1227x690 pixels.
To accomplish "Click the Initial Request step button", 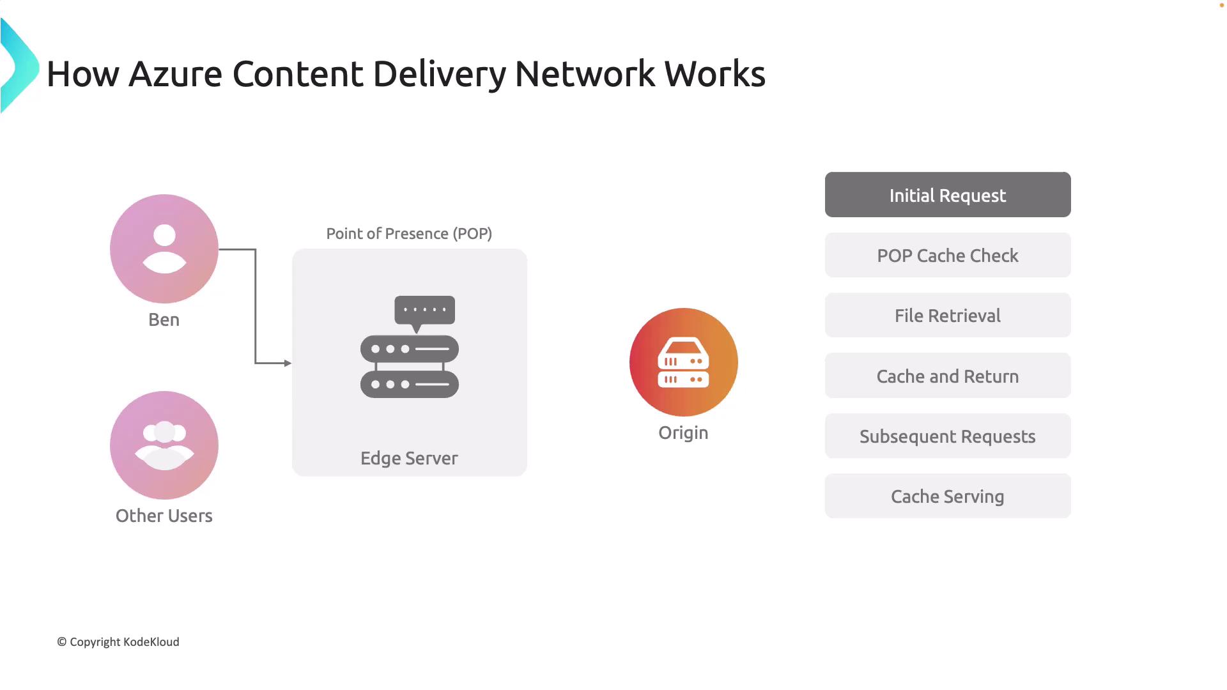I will pos(948,195).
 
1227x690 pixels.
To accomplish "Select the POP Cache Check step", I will pos(948,255).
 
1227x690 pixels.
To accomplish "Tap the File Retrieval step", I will pos(948,315).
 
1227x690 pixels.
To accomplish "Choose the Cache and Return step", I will pos(948,376).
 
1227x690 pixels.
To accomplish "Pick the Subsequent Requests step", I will pos(948,436).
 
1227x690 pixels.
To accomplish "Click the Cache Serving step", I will pos(948,496).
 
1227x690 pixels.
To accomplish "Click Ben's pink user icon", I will pos(164,249).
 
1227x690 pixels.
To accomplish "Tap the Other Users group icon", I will pos(164,445).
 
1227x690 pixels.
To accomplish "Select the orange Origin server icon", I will pos(684,362).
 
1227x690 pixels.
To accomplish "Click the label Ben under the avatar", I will pos(164,319).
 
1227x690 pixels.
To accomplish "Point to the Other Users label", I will pos(164,516).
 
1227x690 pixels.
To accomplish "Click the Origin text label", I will pos(683,433).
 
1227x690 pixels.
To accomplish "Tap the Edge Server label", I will pos(409,458).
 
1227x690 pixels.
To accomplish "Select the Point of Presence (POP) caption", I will pos(409,234).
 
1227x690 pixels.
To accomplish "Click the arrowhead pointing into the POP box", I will pos(288,363).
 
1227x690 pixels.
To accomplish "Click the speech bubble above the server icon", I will pos(425,310).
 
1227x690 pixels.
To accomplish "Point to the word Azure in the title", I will pos(175,73).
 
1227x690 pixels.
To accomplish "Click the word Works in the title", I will pos(714,73).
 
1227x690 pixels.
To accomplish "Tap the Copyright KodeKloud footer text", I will pos(118,641).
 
